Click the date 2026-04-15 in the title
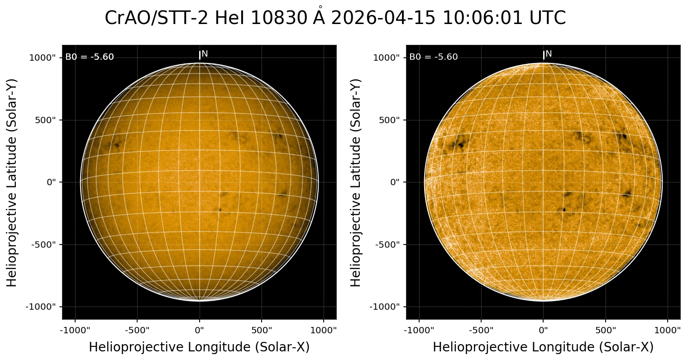tap(383, 18)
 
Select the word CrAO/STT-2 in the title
tap(156, 18)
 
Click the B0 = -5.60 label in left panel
tap(89, 57)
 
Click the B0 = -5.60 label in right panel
tap(433, 57)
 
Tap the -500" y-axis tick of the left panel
tap(43, 245)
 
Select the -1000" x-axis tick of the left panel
tap(75, 331)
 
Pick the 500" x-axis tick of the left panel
tap(262, 331)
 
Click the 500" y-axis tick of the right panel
tap(389, 120)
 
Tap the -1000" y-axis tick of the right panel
tap(385, 307)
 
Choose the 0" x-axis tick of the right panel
tap(543, 331)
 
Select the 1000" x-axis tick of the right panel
tap(668, 331)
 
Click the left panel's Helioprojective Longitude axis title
tap(199, 347)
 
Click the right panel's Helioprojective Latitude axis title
tap(355, 183)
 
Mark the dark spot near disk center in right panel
tap(564, 210)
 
